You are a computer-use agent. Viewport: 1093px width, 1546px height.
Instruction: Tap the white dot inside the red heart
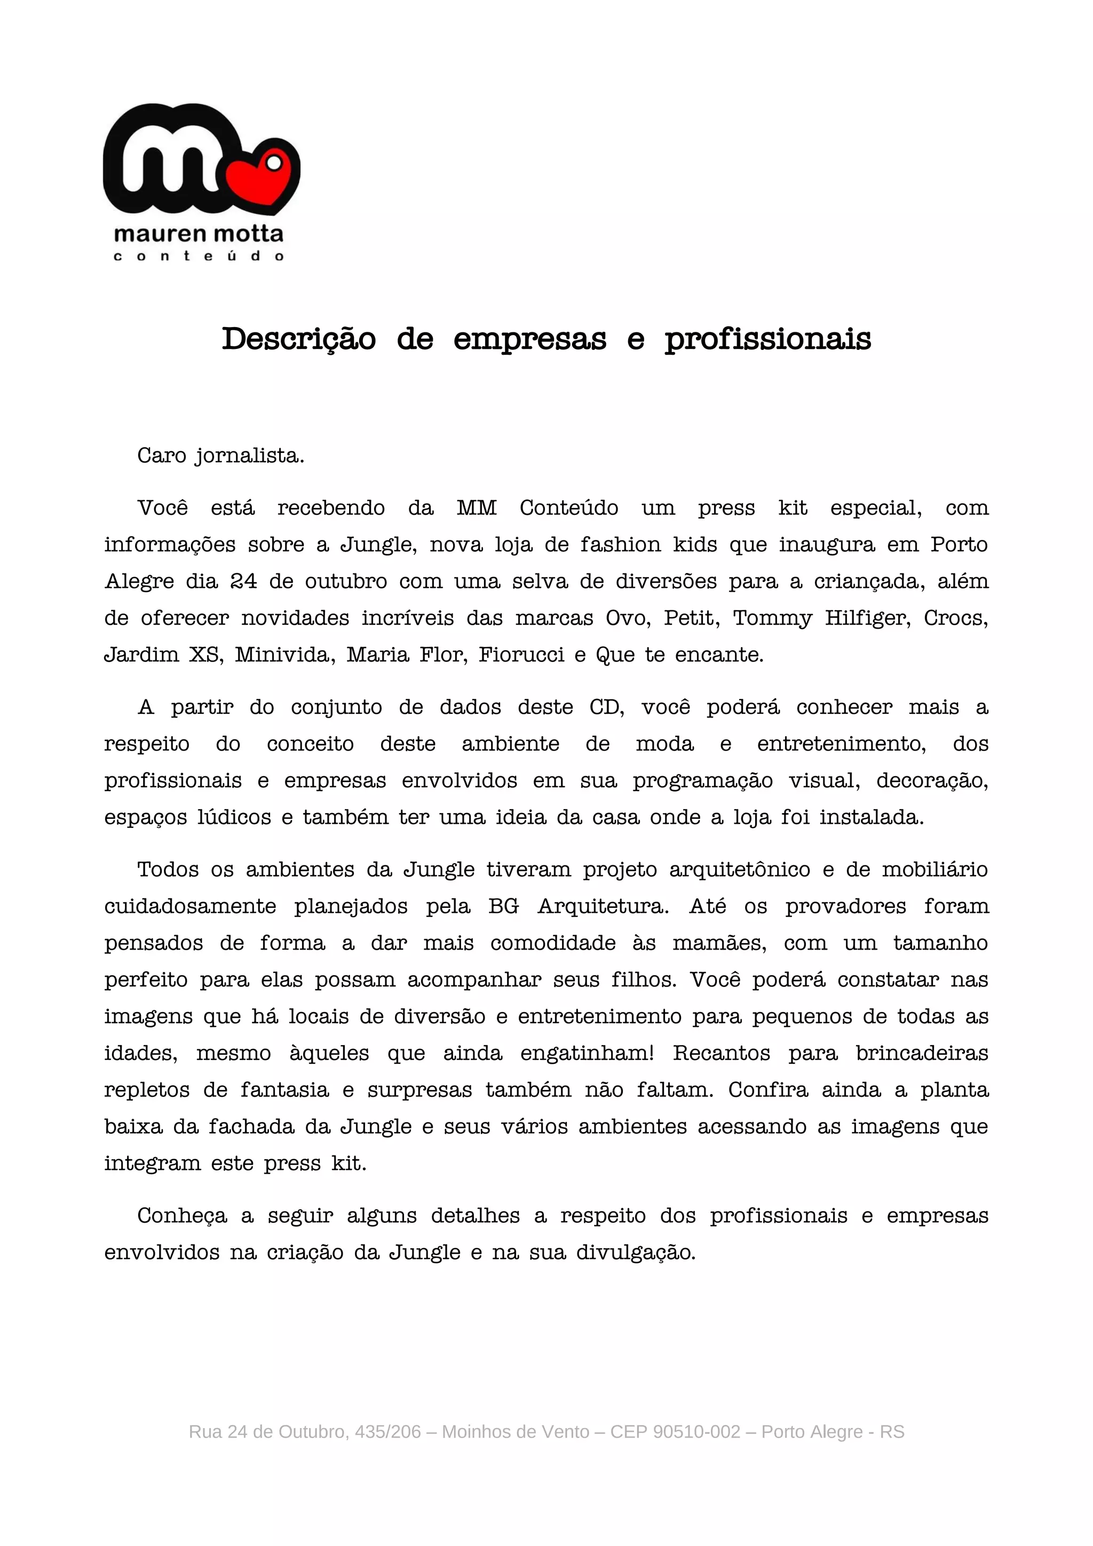(273, 162)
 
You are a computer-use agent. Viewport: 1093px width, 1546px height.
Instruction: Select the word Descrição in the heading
(298, 339)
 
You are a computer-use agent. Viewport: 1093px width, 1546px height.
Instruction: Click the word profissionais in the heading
(768, 339)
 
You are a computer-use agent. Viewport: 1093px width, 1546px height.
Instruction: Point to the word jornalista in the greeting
(249, 456)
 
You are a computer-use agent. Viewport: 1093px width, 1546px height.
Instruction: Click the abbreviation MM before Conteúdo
(476, 508)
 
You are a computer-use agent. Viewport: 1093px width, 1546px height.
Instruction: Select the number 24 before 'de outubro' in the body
(244, 581)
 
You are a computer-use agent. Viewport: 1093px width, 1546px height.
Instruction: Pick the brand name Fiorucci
(521, 655)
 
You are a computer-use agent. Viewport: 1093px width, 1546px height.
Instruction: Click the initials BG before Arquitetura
(503, 906)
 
